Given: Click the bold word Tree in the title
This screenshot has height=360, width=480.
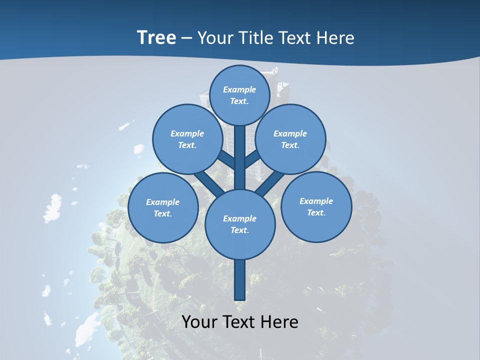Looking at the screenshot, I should coord(156,37).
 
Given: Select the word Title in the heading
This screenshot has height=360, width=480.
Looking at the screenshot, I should coord(255,37).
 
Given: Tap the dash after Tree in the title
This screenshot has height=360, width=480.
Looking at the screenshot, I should coord(186,38).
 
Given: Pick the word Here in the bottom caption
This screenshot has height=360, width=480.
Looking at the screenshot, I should coord(279,321).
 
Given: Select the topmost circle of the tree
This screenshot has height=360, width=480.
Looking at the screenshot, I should coord(239,95).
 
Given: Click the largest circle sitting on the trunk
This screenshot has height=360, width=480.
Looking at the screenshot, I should coord(240,224).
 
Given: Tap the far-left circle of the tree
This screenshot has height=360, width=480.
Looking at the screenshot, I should coord(163,208).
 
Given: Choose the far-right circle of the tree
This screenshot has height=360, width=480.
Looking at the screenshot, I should coord(316,207).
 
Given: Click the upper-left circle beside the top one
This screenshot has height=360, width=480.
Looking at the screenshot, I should coord(187,139).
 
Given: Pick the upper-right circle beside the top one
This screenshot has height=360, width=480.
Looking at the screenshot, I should coord(290,139).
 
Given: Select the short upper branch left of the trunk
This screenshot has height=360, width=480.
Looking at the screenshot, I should coord(226,159).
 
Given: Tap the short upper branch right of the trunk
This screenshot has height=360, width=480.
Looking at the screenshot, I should coord(252,159).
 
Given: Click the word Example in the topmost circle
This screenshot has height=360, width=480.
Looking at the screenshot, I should coord(239,89).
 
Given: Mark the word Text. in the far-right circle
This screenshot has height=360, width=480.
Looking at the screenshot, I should coord(316,212).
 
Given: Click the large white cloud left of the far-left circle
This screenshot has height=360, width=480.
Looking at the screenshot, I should coord(52,207).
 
